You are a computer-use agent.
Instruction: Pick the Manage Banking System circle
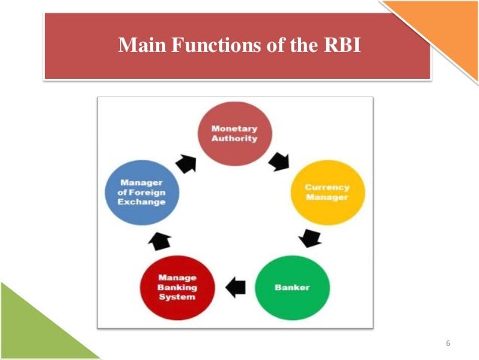pos(177,287)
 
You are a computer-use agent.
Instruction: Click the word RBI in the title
pos(340,45)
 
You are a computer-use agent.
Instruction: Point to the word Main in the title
pos(143,45)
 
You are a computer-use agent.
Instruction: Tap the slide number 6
pos(447,343)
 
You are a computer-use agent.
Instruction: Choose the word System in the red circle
pos(177,296)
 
